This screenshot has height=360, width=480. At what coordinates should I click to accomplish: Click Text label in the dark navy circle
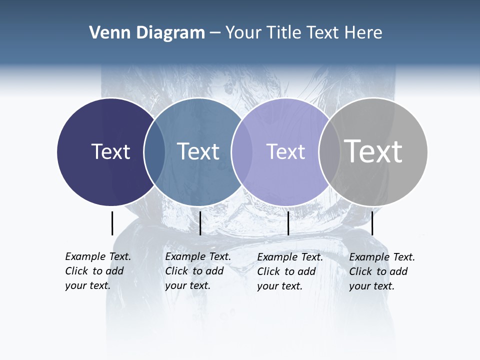click(x=110, y=151)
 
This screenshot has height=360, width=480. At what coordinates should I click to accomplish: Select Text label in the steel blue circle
click(x=198, y=151)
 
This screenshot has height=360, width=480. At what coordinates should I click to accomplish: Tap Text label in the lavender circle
click(x=285, y=151)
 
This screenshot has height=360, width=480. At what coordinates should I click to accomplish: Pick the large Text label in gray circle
click(x=373, y=151)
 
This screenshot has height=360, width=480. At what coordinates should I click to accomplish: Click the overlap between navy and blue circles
click(x=154, y=151)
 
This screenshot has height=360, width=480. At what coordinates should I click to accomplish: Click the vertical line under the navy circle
click(x=112, y=223)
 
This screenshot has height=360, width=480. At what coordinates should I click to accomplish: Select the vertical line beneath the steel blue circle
click(x=200, y=223)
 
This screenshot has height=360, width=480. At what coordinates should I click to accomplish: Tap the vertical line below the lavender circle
click(x=288, y=223)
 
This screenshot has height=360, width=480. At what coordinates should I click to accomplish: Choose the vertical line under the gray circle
click(x=372, y=223)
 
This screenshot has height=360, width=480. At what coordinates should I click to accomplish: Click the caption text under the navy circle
click(x=97, y=271)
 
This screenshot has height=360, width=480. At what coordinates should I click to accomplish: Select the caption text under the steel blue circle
click(x=197, y=271)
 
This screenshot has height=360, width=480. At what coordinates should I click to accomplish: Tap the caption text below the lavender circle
click(x=289, y=271)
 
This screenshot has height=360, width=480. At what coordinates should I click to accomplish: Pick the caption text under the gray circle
click(x=381, y=271)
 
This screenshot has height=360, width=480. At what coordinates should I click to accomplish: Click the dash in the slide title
click(x=215, y=33)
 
